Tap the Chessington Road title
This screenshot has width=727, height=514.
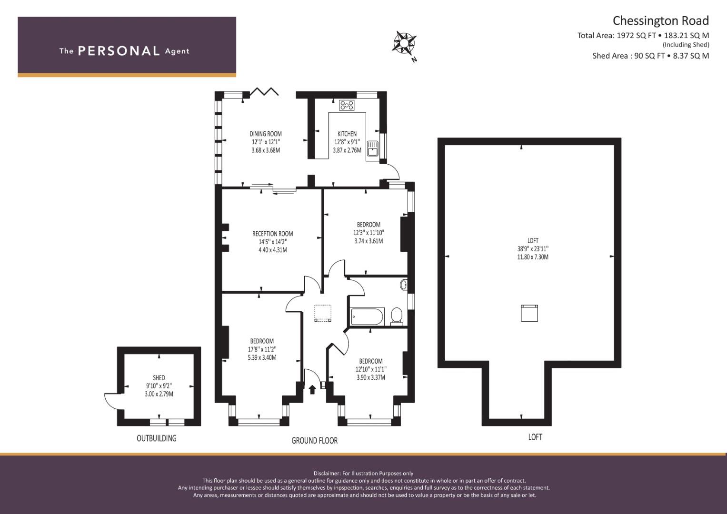coord(660,21)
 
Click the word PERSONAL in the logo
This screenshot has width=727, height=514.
coord(119,51)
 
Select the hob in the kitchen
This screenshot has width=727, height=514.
coord(347,105)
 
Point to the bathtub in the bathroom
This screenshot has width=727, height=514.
coord(367,316)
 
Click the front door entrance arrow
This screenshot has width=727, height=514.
coord(312,389)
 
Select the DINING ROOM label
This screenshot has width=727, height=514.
coord(266,134)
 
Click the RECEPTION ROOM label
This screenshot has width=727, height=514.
coord(273,234)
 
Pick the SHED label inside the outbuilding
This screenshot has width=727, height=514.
coord(159,378)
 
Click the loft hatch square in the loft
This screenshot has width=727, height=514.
coord(529,313)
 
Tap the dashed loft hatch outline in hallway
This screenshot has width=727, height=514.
coord(323,313)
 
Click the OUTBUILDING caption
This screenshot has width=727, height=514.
coord(157,438)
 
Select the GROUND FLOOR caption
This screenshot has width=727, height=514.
coord(315,441)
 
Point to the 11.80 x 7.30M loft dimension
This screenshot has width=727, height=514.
coord(533,257)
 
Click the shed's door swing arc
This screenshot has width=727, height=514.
coord(107,402)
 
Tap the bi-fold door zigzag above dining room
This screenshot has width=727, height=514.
coord(264,91)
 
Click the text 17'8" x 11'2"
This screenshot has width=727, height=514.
coord(262,349)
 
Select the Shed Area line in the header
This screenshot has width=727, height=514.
coord(650,56)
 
